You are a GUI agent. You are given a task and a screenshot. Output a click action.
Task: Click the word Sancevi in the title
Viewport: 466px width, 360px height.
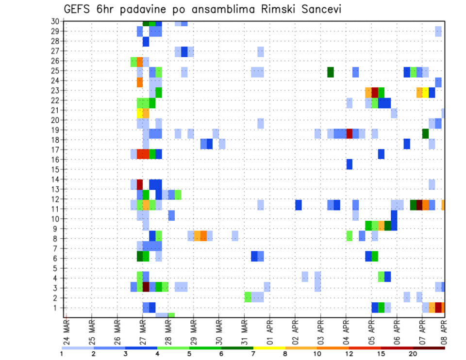pyautogui.click(x=317, y=9)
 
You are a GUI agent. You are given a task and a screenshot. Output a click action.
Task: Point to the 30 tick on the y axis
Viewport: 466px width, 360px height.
pyautogui.click(x=55, y=21)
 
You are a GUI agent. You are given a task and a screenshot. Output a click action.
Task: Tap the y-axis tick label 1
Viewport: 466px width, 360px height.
pyautogui.click(x=57, y=308)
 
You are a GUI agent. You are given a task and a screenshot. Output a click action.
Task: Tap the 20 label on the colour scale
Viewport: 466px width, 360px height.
pyautogui.click(x=413, y=354)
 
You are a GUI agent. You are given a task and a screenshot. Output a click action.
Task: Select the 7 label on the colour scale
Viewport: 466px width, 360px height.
pyautogui.click(x=253, y=354)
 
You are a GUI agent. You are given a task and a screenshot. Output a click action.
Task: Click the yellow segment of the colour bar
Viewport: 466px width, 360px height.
pyautogui.click(x=269, y=348)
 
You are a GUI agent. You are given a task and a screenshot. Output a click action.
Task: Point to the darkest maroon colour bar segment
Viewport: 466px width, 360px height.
pyautogui.click(x=429, y=348)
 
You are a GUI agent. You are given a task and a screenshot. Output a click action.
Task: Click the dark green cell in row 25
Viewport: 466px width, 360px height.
pyautogui.click(x=331, y=72)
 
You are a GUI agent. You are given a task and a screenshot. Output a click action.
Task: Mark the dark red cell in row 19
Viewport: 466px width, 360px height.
pyautogui.click(x=349, y=133)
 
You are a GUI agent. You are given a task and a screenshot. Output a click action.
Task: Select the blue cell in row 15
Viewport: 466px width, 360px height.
pyautogui.click(x=349, y=164)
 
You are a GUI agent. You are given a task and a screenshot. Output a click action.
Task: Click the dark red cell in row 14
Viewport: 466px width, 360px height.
pyautogui.click(x=140, y=184)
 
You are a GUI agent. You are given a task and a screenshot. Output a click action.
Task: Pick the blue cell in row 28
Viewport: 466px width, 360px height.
pyautogui.click(x=146, y=42)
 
